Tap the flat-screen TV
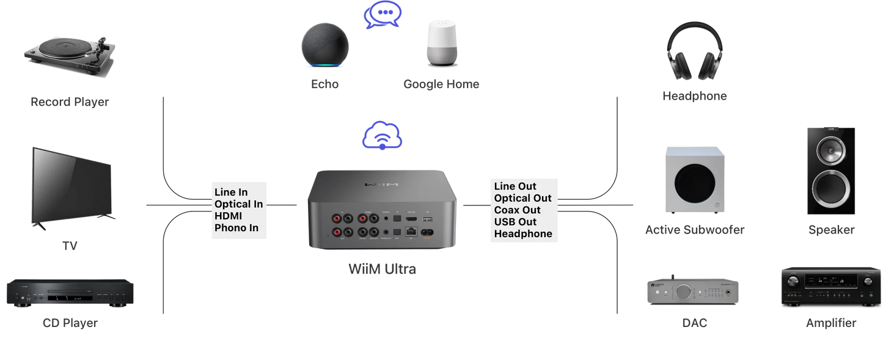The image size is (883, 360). tap(71, 186)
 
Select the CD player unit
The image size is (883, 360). tap(70, 293)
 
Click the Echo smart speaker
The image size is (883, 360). tap(325, 45)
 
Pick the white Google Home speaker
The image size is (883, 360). tap(442, 43)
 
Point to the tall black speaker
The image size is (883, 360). tap(830, 171)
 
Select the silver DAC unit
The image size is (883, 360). tap(693, 291)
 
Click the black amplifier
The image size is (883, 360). tap(830, 286)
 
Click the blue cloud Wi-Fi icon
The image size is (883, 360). tap(383, 136)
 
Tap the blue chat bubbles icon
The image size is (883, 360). tap(383, 15)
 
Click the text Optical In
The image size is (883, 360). tap(239, 204)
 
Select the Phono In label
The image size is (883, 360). tap(236, 228)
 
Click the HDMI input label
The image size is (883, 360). tap(229, 216)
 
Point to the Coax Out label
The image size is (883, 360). tap(517, 210)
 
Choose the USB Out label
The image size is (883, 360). tap(515, 221)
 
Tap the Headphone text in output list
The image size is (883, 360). tap(523, 233)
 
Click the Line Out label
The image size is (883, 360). tap(515, 186)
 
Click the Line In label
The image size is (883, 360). tap(231, 192)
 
